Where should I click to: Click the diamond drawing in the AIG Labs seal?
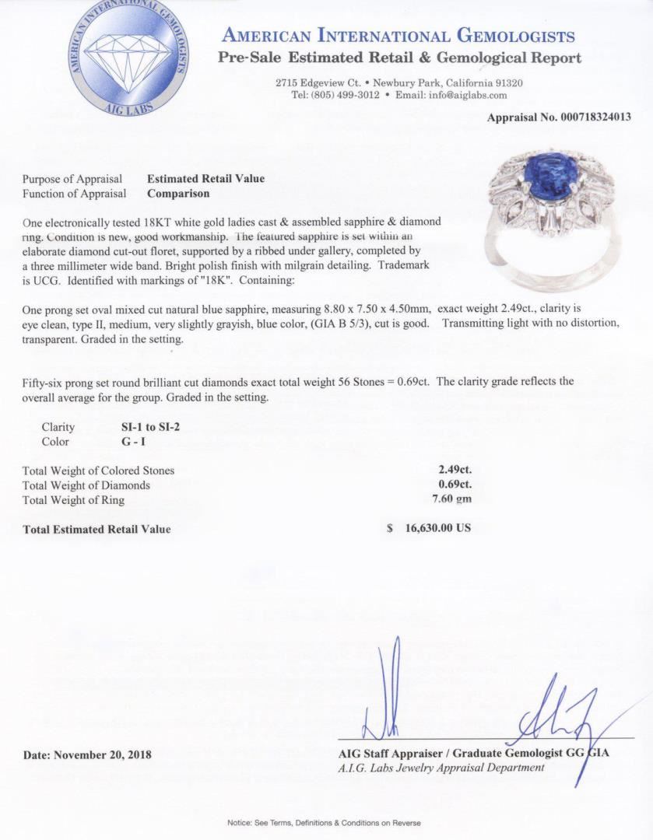pyautogui.click(x=129, y=54)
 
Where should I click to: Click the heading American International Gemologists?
pyautogui.click(x=398, y=36)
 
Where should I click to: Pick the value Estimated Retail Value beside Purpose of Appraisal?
pyautogui.click(x=205, y=178)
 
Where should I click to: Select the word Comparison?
pyautogui.click(x=178, y=193)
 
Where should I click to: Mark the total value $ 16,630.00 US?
pyautogui.click(x=429, y=528)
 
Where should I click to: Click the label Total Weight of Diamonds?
pyautogui.click(x=86, y=485)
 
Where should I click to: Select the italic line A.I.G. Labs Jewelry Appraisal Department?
pyautogui.click(x=441, y=768)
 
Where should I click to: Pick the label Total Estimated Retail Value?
pyautogui.click(x=97, y=529)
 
